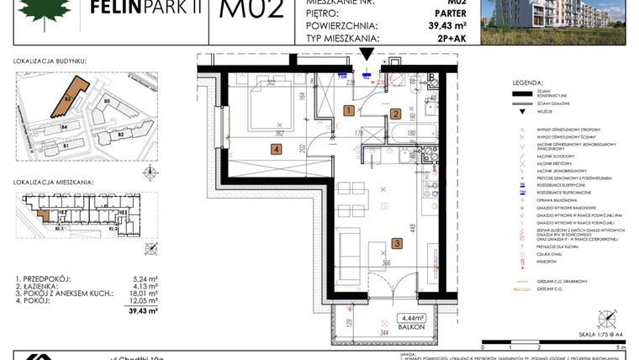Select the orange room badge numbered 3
397,245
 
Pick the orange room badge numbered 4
275,150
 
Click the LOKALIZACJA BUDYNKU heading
50,61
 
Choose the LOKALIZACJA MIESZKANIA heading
54,182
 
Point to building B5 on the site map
107,102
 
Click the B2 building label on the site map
120,134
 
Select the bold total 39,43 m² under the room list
132,310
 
